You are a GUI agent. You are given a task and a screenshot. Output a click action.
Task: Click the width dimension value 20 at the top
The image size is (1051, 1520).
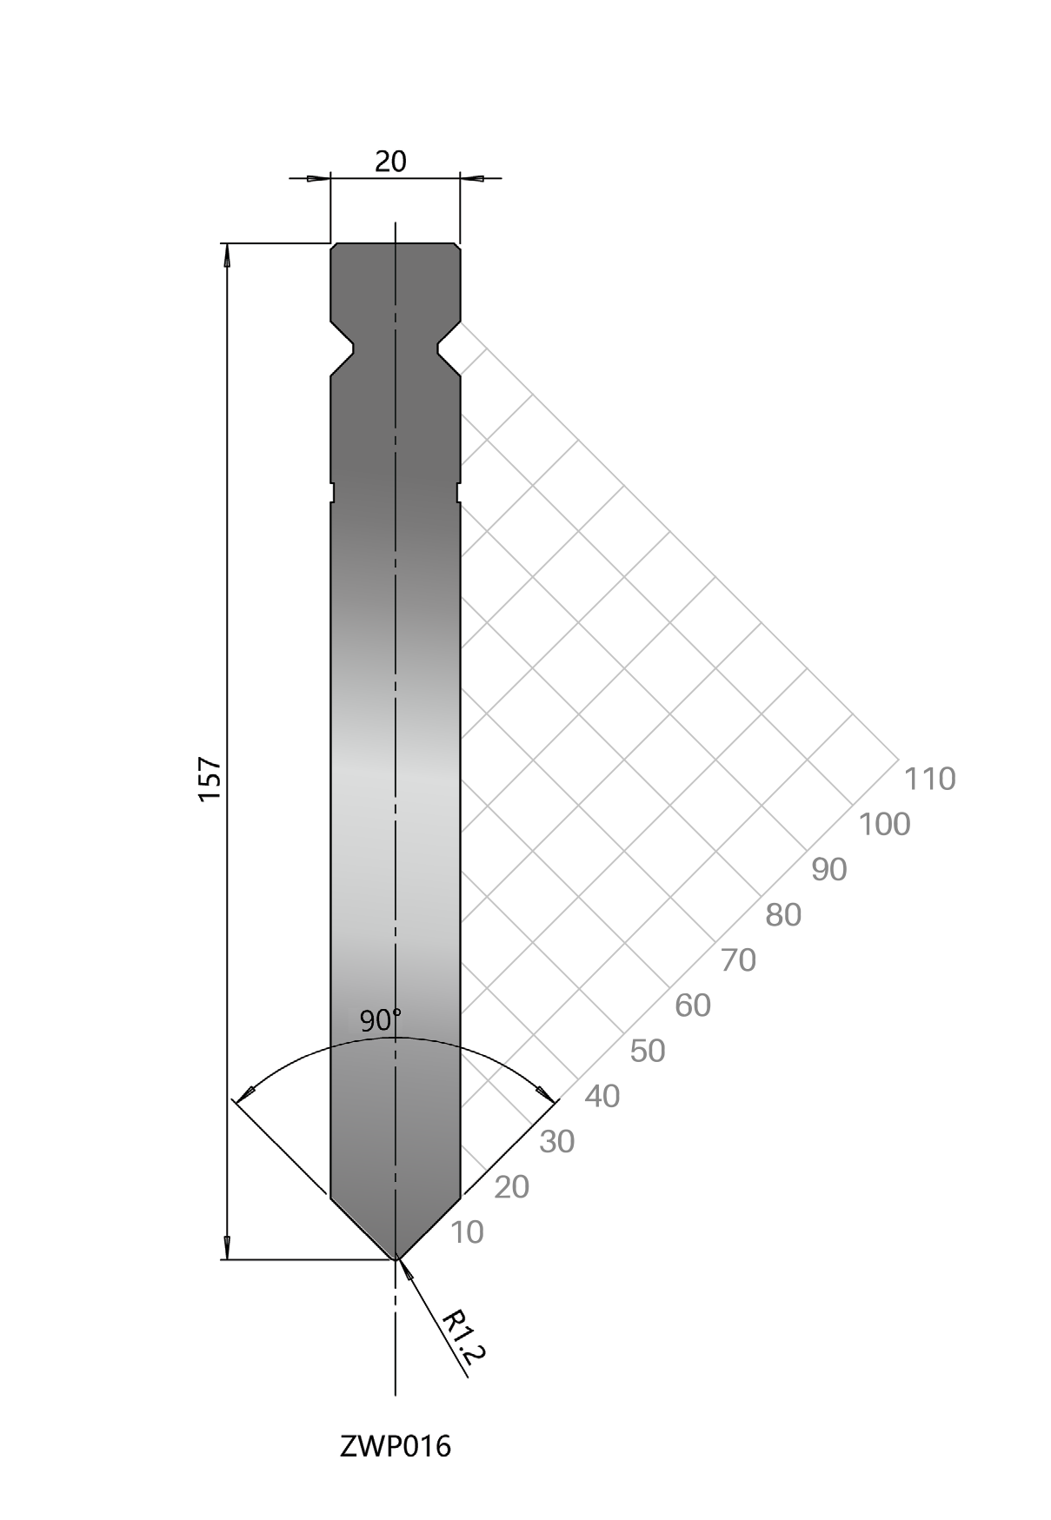tap(390, 161)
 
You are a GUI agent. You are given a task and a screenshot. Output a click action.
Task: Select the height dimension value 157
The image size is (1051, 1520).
tap(211, 779)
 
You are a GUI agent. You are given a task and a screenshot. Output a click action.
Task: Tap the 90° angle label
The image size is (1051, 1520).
tap(381, 1020)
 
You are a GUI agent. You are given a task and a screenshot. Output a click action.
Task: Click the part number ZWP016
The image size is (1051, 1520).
tap(396, 1446)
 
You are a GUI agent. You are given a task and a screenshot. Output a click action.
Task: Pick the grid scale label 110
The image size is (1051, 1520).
tap(930, 779)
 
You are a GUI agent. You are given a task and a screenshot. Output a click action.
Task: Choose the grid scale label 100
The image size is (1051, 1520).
tap(885, 824)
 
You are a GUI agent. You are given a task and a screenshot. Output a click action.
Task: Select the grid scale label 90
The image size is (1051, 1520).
tap(829, 869)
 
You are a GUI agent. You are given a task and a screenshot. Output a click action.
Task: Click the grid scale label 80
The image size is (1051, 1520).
tap(783, 914)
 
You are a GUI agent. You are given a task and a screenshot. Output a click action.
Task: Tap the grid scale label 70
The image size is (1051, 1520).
tap(739, 960)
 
